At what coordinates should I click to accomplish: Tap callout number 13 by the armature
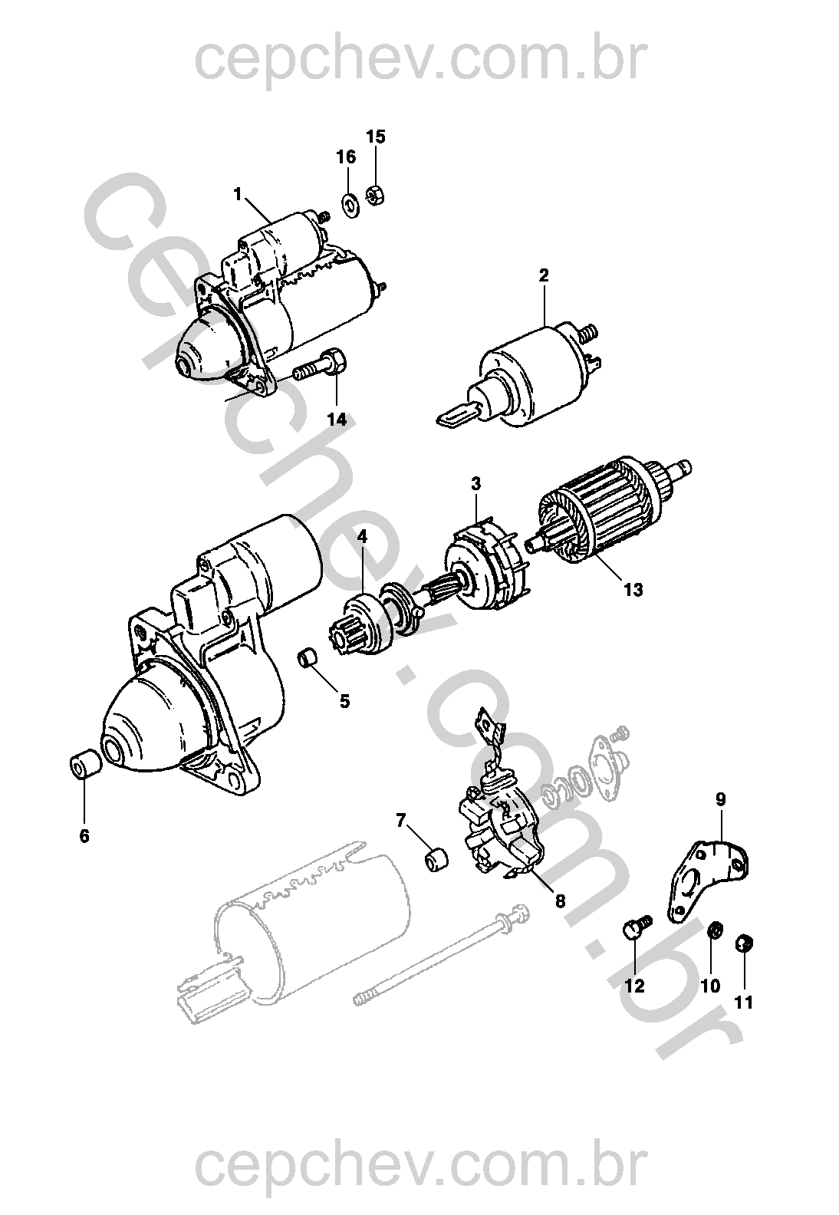(633, 590)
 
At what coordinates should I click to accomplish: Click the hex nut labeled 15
(375, 194)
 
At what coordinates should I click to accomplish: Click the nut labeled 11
(743, 943)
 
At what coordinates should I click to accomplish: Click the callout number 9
(720, 799)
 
